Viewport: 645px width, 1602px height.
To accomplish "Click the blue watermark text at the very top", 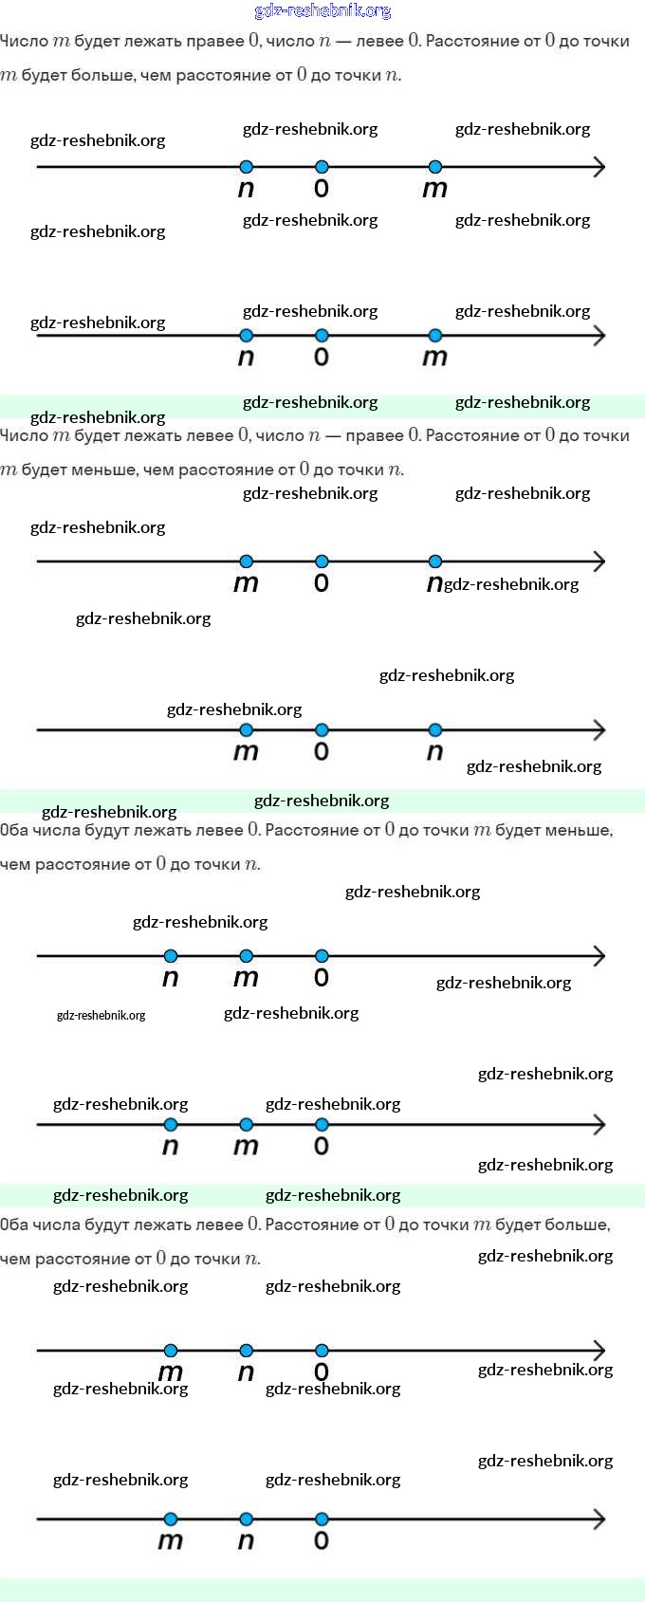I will pyautogui.click(x=322, y=11).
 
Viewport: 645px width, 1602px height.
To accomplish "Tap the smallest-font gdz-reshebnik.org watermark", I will pyautogui.click(x=101, y=1015).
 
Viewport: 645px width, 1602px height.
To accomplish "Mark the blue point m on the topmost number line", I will pyautogui.click(x=435, y=167).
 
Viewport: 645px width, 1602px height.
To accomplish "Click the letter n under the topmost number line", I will pyautogui.click(x=247, y=189).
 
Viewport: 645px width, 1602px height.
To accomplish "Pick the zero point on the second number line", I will pyautogui.click(x=322, y=336).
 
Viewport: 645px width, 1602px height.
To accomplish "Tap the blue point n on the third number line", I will pyautogui.click(x=435, y=562).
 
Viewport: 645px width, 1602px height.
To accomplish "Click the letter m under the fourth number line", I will pyautogui.click(x=247, y=752).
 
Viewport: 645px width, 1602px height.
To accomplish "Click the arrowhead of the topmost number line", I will pyautogui.click(x=599, y=167).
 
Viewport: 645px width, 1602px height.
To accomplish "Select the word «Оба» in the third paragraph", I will pyautogui.click(x=14, y=830).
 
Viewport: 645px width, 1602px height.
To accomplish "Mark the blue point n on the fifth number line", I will pyautogui.click(x=171, y=956).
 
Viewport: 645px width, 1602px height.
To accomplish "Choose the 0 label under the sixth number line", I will pyautogui.click(x=322, y=1147).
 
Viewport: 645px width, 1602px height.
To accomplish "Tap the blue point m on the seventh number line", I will pyautogui.click(x=171, y=1351).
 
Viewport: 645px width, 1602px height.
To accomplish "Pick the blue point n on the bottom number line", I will pyautogui.click(x=247, y=1519).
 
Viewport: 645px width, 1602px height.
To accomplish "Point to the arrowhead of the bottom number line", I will pyautogui.click(x=599, y=1519).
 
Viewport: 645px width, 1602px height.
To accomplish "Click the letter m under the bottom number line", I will pyautogui.click(x=171, y=1541).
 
